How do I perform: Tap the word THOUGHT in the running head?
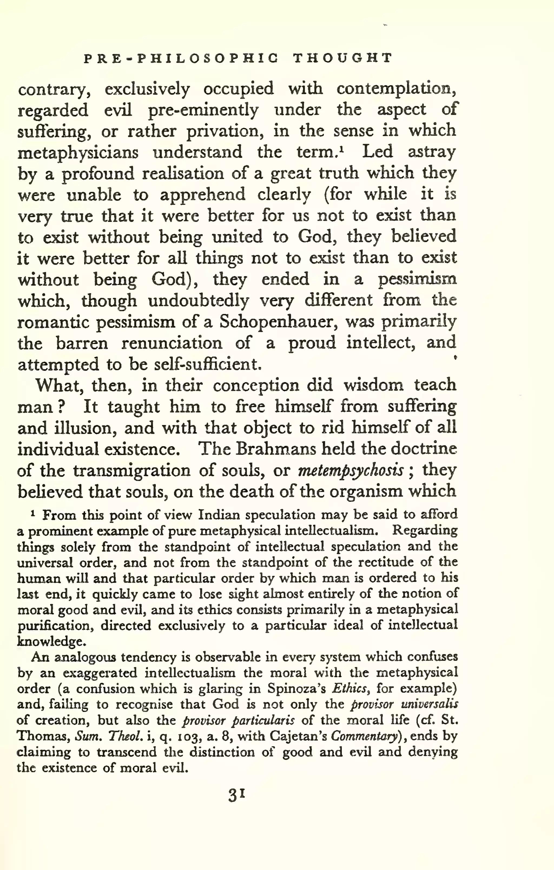point(342,58)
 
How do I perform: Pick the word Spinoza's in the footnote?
point(296,689)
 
